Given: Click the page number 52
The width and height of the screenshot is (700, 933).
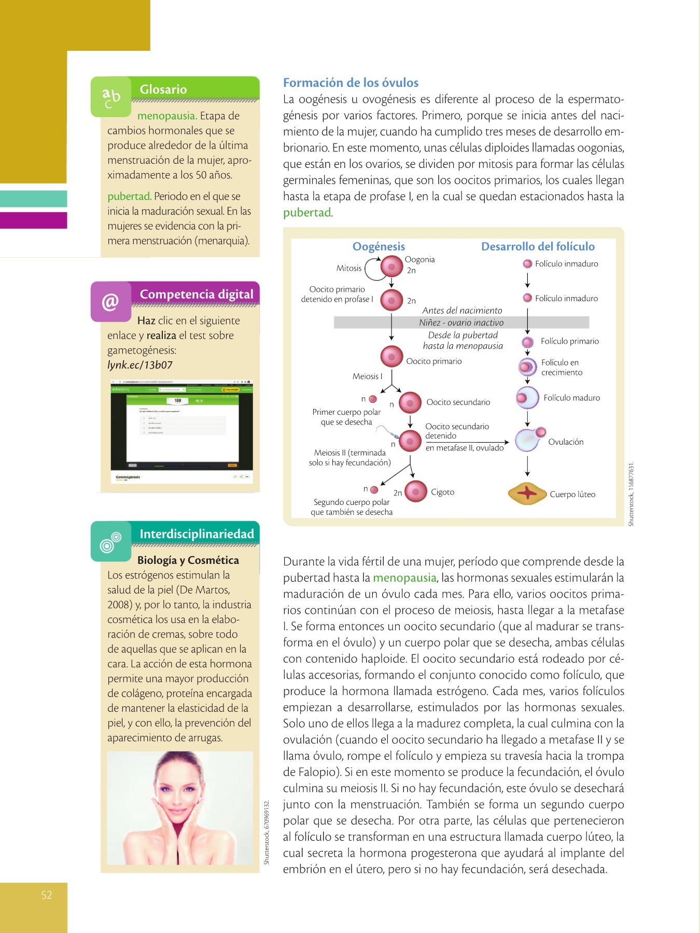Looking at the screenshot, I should pos(47,895).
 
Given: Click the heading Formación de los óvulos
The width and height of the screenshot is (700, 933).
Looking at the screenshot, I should pos(351,83).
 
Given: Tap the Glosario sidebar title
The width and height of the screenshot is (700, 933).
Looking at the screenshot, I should pos(163,89).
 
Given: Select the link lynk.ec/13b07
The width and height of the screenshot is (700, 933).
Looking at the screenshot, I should pos(140,365).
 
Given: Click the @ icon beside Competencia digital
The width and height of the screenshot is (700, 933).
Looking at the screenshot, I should pos(110,302).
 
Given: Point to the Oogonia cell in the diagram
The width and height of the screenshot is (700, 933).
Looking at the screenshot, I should pos(391,267).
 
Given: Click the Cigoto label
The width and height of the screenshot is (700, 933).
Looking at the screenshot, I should pos(442,492).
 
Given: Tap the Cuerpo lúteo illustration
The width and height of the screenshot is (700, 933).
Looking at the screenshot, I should pos(527,493).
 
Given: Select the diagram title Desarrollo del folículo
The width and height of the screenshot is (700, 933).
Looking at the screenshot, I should pos(538,247).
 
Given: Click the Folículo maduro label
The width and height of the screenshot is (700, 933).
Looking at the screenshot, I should pos(571,398).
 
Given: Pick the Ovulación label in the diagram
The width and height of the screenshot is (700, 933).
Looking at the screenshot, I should pos(566,442).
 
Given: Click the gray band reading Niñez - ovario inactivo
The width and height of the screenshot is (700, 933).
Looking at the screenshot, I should pos(461,322).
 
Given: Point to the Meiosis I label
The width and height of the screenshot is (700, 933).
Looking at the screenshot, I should pos(367,376).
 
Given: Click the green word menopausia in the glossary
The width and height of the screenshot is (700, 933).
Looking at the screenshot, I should pos(166,116).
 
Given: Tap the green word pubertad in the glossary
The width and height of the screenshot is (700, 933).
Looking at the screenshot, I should pos(129,196).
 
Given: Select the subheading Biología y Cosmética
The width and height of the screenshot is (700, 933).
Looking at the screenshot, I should pos(188,560).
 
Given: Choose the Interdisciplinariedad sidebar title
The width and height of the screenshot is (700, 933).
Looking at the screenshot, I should pos(197,534).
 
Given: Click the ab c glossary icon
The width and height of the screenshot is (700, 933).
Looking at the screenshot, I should pos(111,97).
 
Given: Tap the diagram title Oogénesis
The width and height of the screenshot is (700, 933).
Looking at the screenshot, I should pos(379,247).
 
